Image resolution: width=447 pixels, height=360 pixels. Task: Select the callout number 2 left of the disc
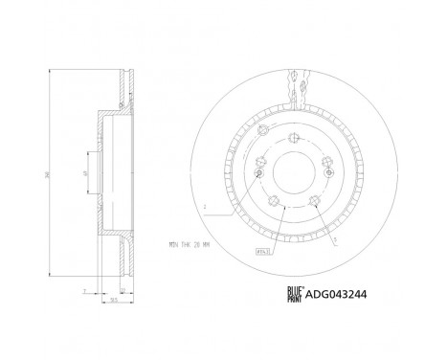(203, 203)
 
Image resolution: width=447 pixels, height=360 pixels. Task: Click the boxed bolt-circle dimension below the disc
(260, 250)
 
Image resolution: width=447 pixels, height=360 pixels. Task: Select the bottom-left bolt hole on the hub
(273, 199)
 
